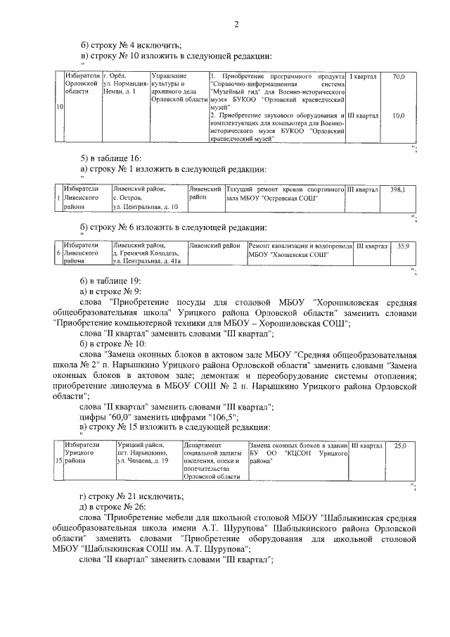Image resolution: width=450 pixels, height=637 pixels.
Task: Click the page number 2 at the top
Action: click(236, 25)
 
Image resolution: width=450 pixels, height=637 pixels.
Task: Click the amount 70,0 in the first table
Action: click(398, 76)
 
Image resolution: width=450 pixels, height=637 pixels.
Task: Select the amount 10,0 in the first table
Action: click(398, 115)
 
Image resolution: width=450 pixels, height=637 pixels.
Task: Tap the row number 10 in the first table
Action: click(60, 106)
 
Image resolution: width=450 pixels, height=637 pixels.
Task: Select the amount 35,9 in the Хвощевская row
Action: click(402, 246)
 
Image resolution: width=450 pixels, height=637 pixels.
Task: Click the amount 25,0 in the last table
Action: click(400, 446)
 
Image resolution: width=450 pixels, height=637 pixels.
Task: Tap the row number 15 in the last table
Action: click(59, 460)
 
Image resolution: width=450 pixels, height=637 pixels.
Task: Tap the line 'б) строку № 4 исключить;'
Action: click(126, 44)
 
